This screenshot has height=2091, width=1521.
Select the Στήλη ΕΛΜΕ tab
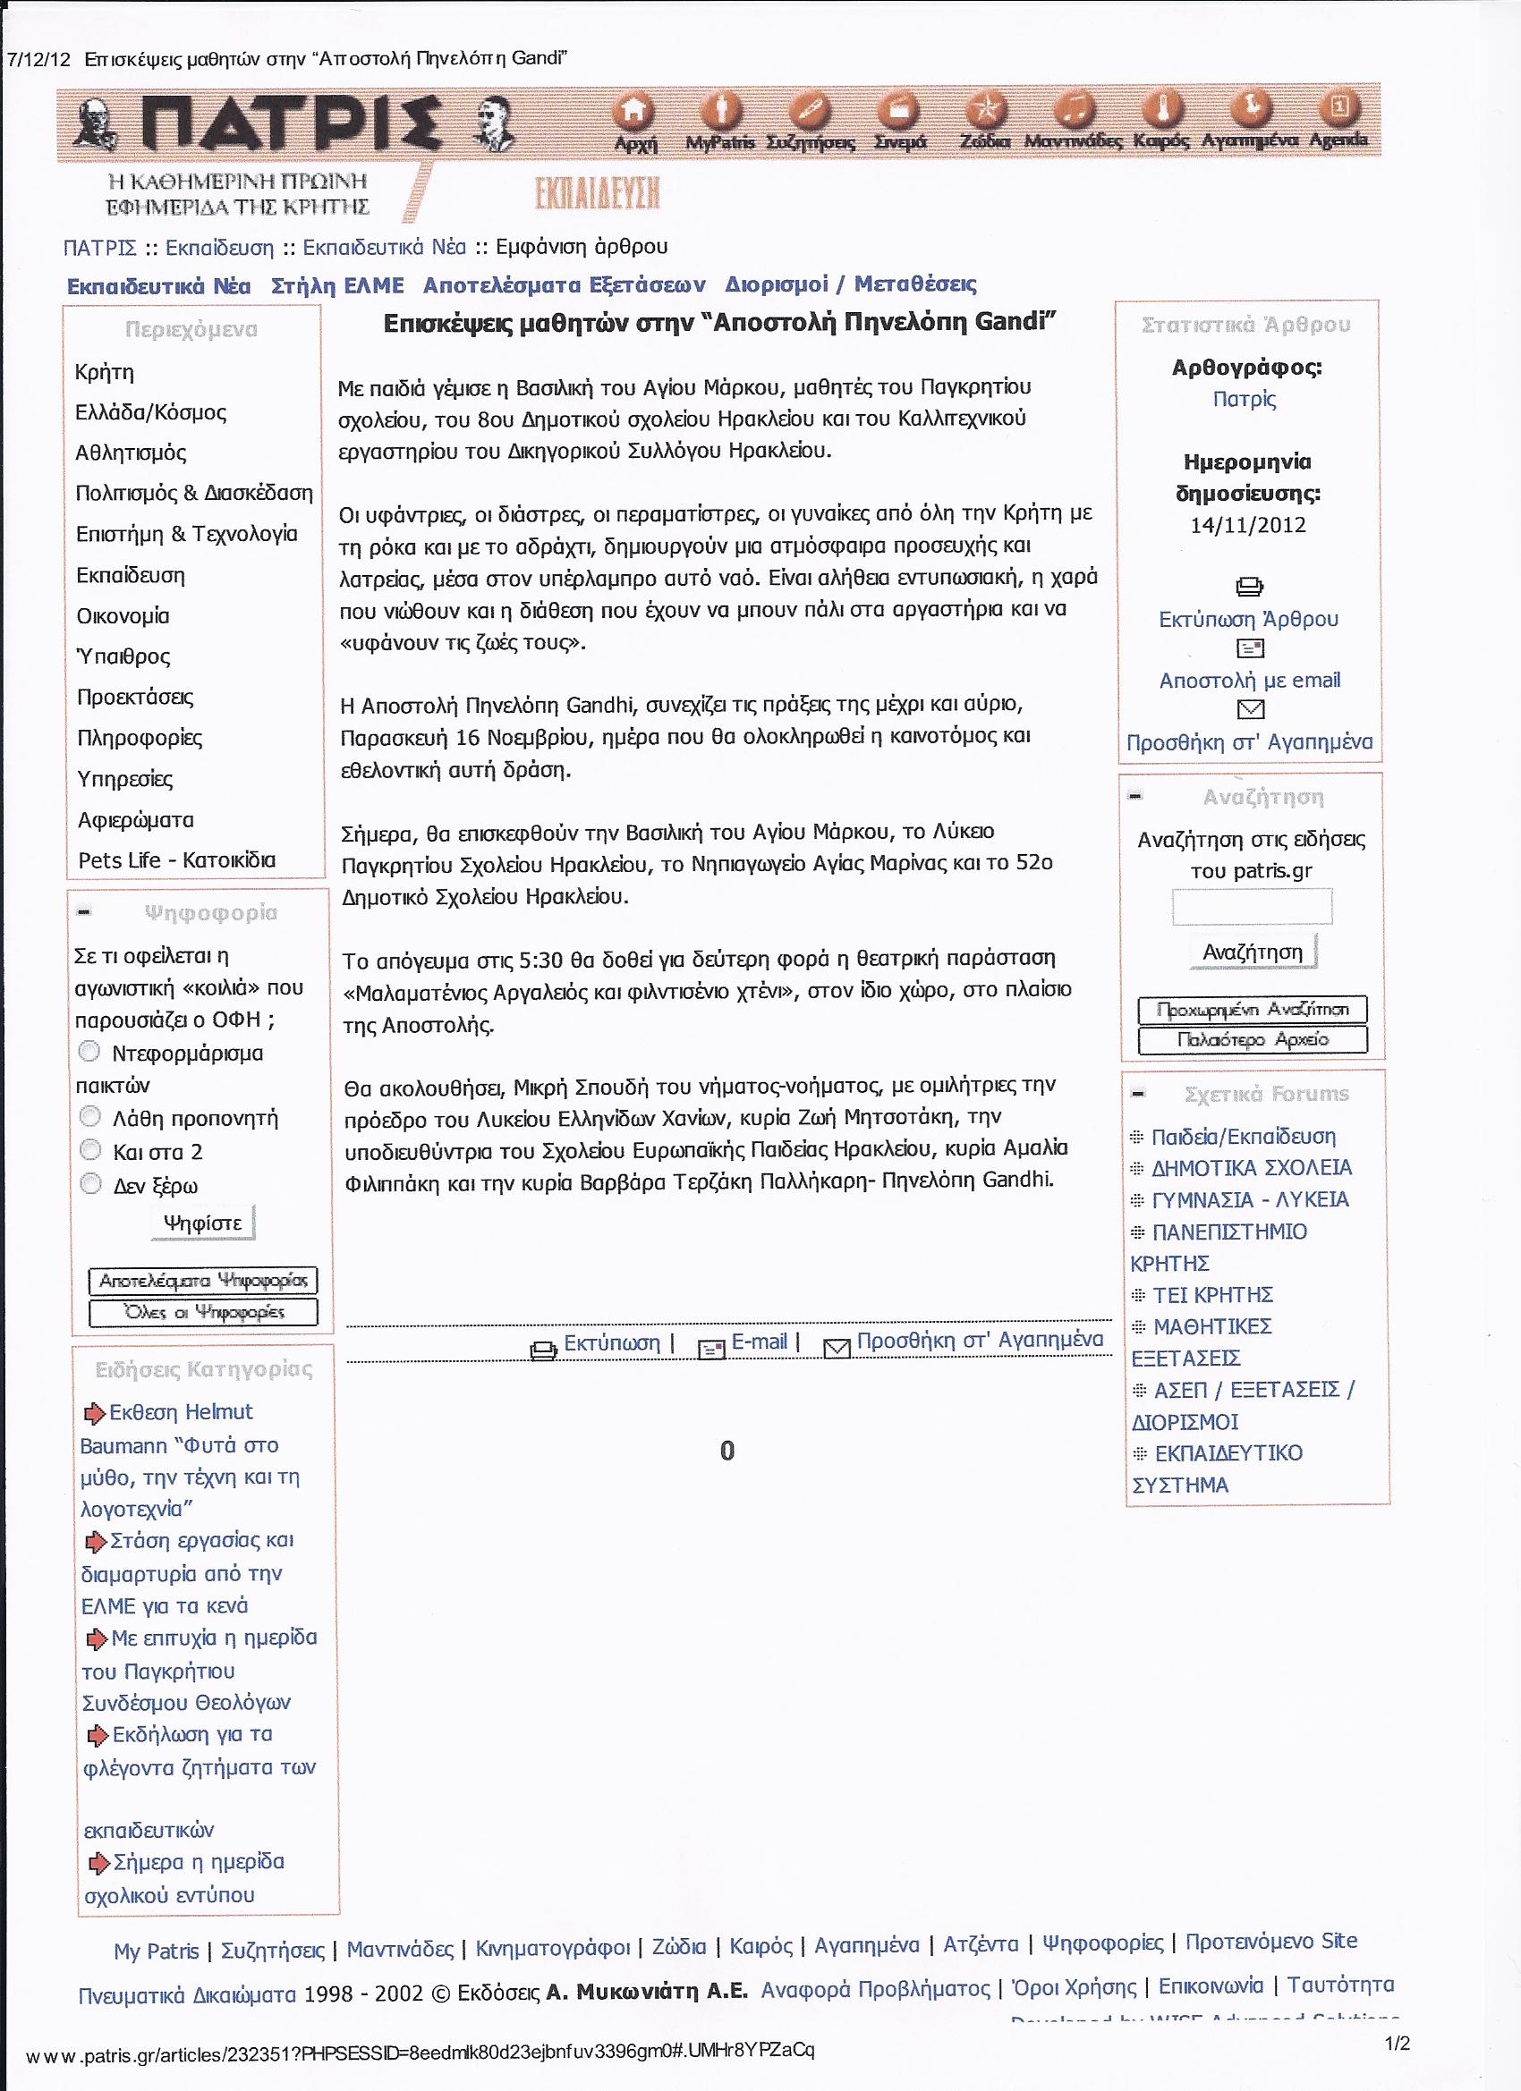click(x=337, y=287)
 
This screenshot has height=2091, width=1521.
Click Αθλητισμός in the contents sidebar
click(x=131, y=453)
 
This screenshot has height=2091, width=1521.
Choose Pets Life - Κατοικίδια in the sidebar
click(x=176, y=860)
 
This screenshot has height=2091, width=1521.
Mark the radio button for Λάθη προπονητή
click(x=90, y=1117)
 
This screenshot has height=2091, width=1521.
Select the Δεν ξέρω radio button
click(x=90, y=1183)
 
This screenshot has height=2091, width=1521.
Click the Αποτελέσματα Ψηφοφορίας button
click(x=203, y=1280)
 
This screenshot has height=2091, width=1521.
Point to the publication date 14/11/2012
click(x=1247, y=526)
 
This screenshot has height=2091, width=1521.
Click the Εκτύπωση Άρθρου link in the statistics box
click(x=1248, y=619)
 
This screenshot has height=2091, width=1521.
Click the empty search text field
click(x=1252, y=906)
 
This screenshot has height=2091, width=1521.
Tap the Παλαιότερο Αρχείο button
click(x=1252, y=1040)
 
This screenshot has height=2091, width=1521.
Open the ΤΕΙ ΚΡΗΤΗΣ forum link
click(x=1212, y=1294)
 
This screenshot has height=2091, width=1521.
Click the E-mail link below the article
click(x=758, y=1342)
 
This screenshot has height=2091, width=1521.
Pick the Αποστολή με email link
click(x=1250, y=681)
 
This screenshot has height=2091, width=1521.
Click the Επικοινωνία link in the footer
click(x=1211, y=1985)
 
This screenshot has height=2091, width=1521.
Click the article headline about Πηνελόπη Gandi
click(x=718, y=323)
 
